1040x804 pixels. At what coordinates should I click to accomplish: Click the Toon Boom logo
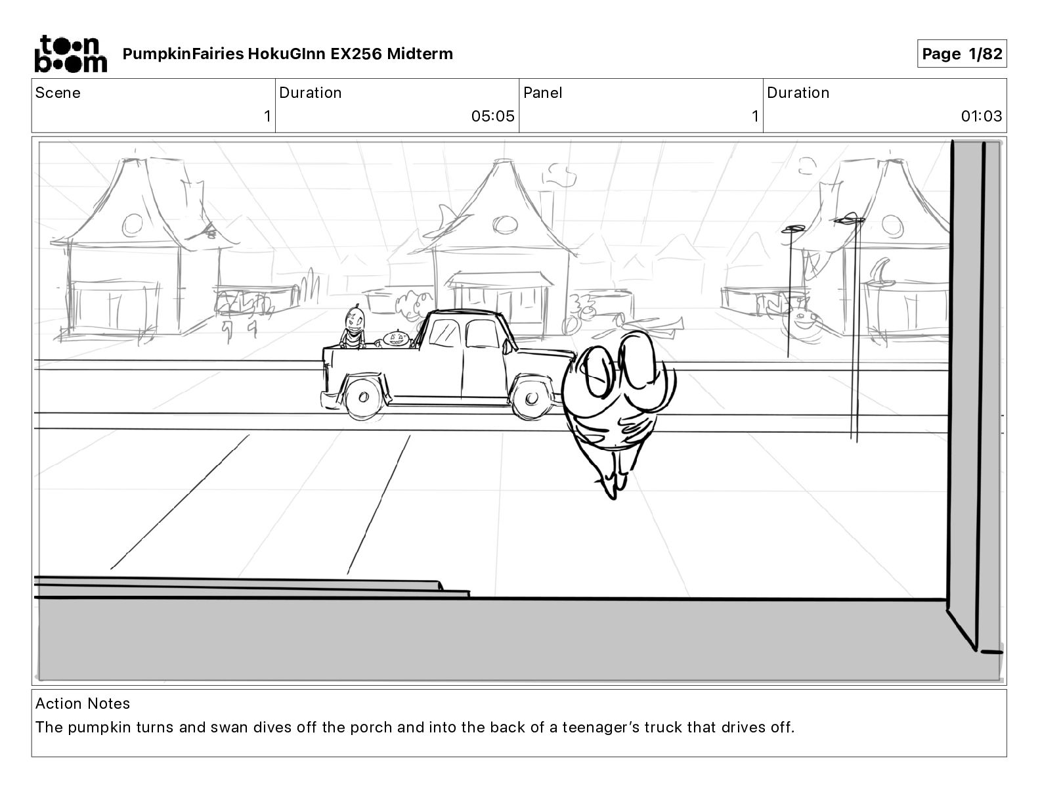pos(70,53)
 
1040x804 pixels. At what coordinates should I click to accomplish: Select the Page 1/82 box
pos(961,54)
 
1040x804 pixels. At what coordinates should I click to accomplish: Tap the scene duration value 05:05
pos(492,117)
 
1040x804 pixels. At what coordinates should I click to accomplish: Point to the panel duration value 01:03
pos(981,117)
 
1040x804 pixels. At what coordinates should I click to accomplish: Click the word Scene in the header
pos(58,93)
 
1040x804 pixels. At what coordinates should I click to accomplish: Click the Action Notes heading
pos(83,703)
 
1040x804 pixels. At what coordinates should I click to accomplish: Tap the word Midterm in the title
pos(420,54)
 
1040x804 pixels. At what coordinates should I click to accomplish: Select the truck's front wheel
pos(531,397)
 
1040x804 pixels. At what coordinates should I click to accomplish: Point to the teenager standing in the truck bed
pos(354,328)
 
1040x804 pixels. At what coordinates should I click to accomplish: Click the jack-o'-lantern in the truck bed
pos(396,338)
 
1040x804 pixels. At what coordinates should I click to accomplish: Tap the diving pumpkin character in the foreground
pos(616,401)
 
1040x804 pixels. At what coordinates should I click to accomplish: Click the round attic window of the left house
pos(133,225)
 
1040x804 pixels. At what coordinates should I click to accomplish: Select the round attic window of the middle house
pos(504,225)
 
